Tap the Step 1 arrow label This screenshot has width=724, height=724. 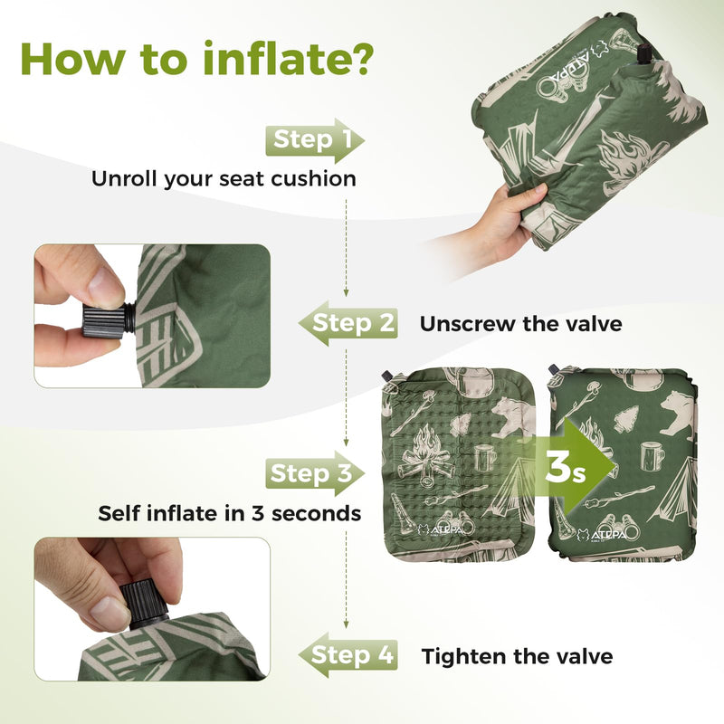[313, 140]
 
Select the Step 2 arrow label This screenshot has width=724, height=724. [353, 323]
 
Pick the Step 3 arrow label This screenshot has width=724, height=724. [312, 473]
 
